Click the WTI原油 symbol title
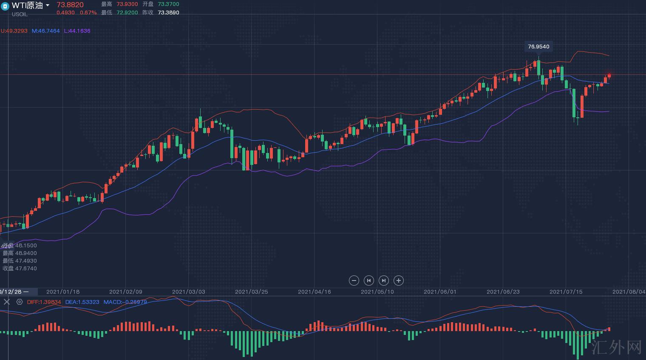[27, 5]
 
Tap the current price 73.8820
[70, 5]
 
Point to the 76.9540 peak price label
[538, 47]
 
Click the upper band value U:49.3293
[14, 31]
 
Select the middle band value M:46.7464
[46, 31]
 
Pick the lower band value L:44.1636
[77, 31]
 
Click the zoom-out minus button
[354, 281]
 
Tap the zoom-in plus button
[398, 281]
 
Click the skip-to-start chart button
[368, 281]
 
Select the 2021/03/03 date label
[188, 292]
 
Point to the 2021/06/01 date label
[440, 292]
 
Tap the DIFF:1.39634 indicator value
[44, 302]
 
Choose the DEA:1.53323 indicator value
[82, 302]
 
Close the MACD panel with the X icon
[6, 302]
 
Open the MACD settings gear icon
[20, 302]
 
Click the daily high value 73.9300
[127, 4]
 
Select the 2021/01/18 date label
[63, 292]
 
